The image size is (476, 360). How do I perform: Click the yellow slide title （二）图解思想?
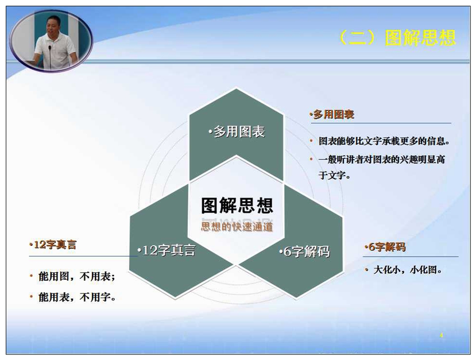point(397,38)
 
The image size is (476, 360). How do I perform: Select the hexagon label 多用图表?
point(237,132)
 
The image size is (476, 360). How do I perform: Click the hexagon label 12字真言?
point(166,250)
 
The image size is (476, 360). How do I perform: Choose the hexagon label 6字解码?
point(305,251)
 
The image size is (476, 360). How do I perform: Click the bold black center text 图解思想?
point(237,205)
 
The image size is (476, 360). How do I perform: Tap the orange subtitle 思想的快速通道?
point(237,227)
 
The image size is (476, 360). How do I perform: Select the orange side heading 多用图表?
point(332,115)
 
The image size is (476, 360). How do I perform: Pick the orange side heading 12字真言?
point(53,245)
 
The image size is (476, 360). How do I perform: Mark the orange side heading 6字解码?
point(385,247)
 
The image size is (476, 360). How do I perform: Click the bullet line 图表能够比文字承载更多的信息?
point(384,141)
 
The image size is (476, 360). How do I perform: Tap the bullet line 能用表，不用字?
point(77,297)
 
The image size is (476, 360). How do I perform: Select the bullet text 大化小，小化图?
point(407,270)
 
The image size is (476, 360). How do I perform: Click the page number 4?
point(441,335)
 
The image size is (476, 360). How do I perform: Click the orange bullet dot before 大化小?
point(366,269)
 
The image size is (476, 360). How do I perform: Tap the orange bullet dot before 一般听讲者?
point(311,159)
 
